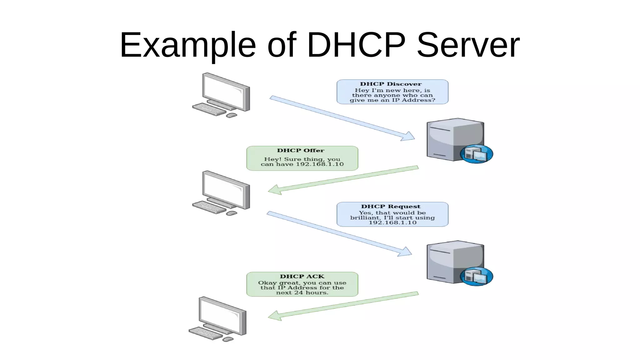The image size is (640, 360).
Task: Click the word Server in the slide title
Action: (468, 45)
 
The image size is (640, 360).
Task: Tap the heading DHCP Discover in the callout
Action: (391, 84)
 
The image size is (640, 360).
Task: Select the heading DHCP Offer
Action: (301, 151)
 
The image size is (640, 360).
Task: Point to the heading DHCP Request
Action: (391, 207)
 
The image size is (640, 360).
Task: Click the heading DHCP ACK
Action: (302, 277)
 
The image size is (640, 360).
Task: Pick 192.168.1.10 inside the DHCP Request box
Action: (392, 223)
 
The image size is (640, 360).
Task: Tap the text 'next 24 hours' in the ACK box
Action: (302, 293)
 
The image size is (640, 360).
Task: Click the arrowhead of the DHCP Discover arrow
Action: (409, 137)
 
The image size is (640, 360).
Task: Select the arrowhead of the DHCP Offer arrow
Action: (274, 190)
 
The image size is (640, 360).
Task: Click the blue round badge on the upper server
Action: (476, 154)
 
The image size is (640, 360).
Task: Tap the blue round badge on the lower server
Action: (476, 276)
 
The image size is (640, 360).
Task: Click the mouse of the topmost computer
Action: (232, 116)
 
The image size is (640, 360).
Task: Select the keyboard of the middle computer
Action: (208, 207)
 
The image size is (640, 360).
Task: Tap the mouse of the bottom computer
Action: (228, 339)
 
